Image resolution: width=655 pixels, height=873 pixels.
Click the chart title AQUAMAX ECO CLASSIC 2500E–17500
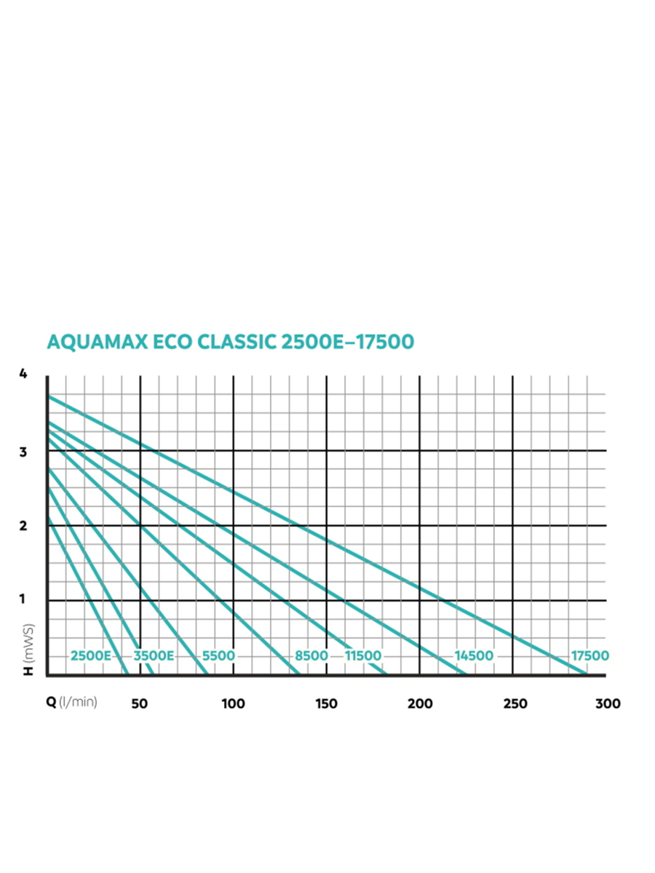[x=230, y=342]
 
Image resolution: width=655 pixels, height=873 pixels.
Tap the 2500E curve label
[x=91, y=655]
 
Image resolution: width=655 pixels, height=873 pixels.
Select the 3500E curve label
[x=154, y=655]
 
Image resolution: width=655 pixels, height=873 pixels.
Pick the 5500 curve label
[x=218, y=655]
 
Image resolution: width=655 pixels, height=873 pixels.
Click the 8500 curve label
[x=311, y=655]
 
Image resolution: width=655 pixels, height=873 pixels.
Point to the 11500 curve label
[x=363, y=655]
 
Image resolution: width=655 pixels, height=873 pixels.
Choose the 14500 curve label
[x=474, y=655]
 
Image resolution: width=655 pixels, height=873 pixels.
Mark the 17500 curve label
[x=589, y=655]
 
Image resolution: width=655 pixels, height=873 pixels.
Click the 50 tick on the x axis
[x=140, y=703]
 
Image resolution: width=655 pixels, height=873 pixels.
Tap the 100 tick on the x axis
[x=233, y=703]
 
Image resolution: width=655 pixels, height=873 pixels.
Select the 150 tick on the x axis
[x=326, y=703]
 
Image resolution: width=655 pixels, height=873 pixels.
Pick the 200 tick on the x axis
[x=420, y=703]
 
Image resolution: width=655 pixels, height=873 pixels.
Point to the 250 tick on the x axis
[x=515, y=703]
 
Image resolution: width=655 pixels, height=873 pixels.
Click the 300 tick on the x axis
[x=608, y=703]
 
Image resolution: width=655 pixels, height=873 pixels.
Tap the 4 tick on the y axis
[x=23, y=374]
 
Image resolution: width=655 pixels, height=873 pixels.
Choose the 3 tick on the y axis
[x=23, y=451]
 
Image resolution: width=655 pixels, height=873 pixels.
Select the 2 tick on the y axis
[x=23, y=526]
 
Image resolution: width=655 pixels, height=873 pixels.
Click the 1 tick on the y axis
[x=23, y=600]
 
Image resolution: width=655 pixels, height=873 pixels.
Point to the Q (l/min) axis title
[x=71, y=703]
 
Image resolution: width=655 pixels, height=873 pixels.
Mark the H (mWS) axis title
[x=28, y=650]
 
